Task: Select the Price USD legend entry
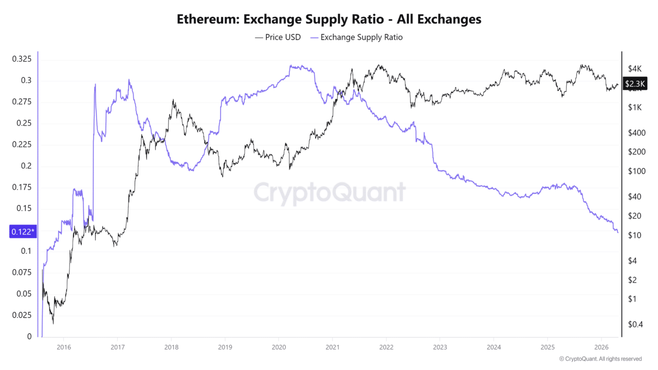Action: (x=278, y=37)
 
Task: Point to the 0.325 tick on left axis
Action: (x=22, y=59)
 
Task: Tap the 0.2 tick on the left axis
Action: (x=26, y=165)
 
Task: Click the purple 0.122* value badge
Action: (x=23, y=232)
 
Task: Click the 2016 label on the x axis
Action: (x=63, y=347)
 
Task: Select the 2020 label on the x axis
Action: (x=278, y=347)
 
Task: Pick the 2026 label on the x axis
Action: (x=601, y=347)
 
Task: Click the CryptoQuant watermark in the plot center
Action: (x=329, y=193)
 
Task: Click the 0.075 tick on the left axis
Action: (x=22, y=272)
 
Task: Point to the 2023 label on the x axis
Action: (x=440, y=347)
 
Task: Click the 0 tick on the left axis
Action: (x=29, y=337)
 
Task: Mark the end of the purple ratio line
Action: (x=618, y=233)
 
